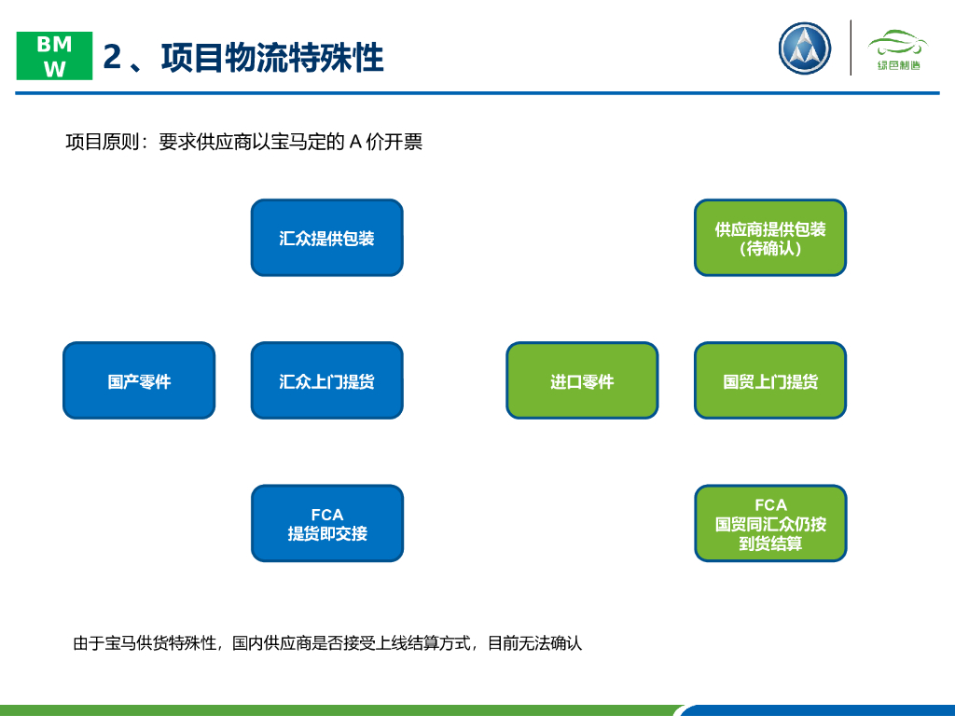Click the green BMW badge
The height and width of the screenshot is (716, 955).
click(x=55, y=56)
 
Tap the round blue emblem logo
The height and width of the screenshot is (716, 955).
click(x=804, y=48)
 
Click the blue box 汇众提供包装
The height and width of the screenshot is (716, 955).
click(x=326, y=238)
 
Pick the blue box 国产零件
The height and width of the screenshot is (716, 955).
click(x=139, y=380)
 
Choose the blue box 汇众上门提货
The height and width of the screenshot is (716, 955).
click(x=326, y=380)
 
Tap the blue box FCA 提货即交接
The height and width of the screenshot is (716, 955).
click(x=326, y=523)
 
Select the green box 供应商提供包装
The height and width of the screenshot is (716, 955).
click(x=770, y=237)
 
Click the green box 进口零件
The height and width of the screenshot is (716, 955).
click(x=582, y=380)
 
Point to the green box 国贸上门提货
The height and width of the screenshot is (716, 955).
click(x=770, y=380)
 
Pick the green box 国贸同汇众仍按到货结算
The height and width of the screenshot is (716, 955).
click(x=770, y=524)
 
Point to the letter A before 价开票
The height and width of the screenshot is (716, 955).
click(x=355, y=143)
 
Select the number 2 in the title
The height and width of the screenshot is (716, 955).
click(x=113, y=57)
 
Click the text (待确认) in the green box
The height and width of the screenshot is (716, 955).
click(x=770, y=249)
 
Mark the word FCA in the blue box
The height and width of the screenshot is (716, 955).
click(x=326, y=514)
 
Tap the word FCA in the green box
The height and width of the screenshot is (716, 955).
click(x=770, y=504)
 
